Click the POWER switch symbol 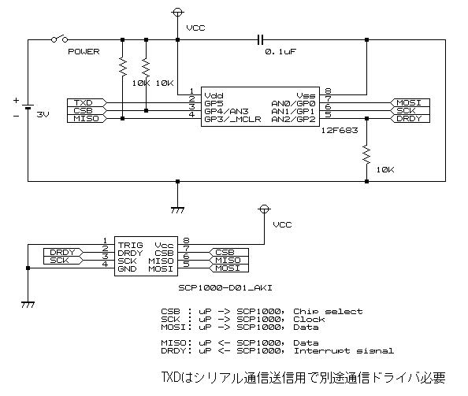click(59, 39)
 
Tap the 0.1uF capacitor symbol click(260, 39)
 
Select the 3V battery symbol click(28, 107)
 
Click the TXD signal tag click(86, 103)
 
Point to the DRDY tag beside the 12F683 click(410, 118)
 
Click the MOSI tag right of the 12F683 click(410, 103)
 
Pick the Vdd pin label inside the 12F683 click(214, 96)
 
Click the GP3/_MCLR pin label click(232, 120)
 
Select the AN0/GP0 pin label click(293, 103)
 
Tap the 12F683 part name click(340, 131)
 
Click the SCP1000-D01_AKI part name click(225, 288)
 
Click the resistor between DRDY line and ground click(366, 154)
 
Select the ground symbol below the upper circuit click(177, 210)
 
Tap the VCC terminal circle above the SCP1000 click(264, 209)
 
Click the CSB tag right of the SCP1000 click(228, 252)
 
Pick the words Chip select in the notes click(328, 312)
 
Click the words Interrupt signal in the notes click(344, 350)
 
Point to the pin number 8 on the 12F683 click(328, 91)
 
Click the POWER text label click(84, 52)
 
